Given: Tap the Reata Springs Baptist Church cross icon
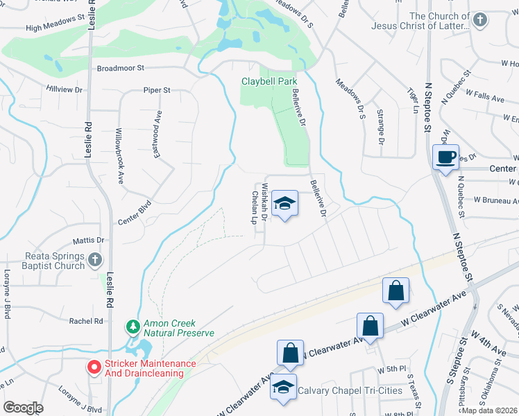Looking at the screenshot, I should (95, 260).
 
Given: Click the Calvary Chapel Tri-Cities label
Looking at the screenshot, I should (350, 390).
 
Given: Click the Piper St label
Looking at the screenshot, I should (156, 90).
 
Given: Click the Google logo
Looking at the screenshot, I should (23, 408).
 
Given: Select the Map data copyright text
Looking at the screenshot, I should (490, 410).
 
